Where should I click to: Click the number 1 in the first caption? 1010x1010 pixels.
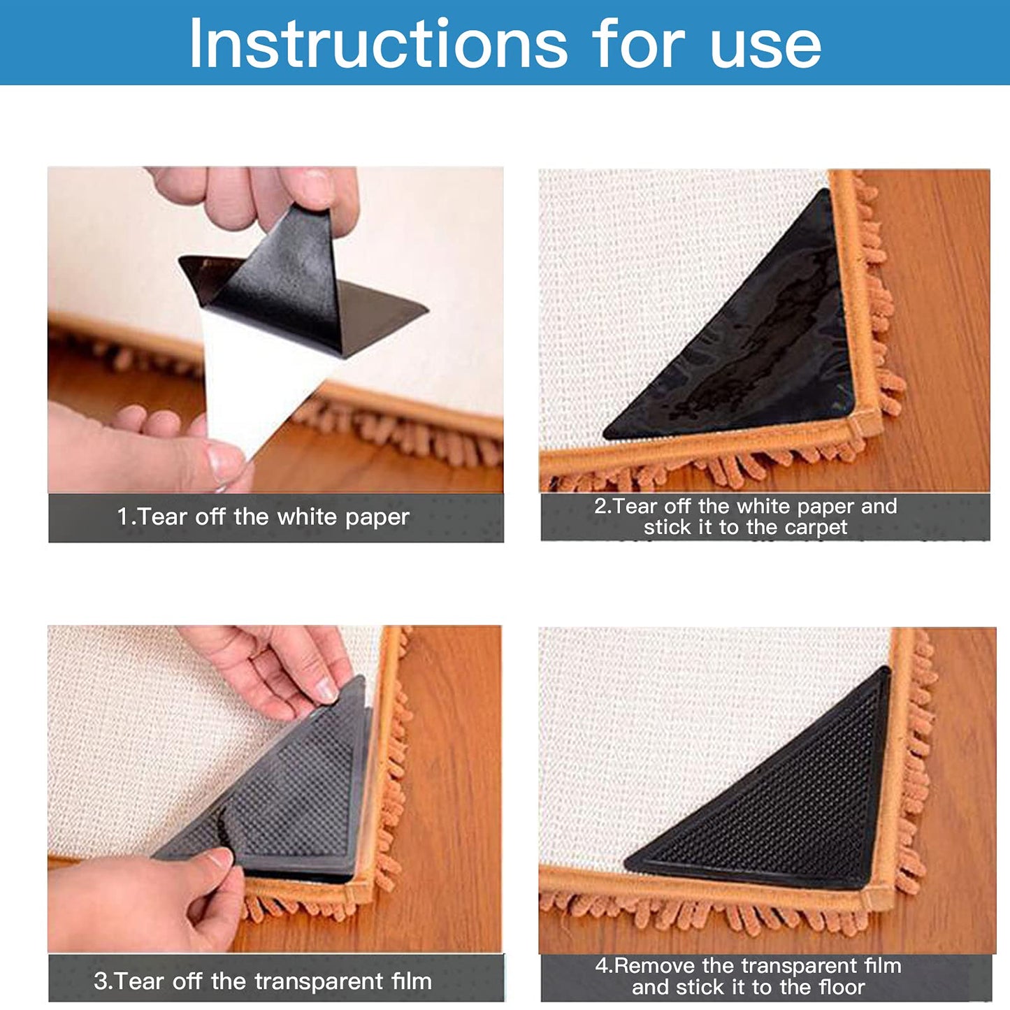pyautogui.click(x=122, y=517)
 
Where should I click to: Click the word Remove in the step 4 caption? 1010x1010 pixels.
pyautogui.click(x=654, y=966)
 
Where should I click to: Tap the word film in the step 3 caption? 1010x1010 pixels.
pyautogui.click(x=411, y=981)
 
